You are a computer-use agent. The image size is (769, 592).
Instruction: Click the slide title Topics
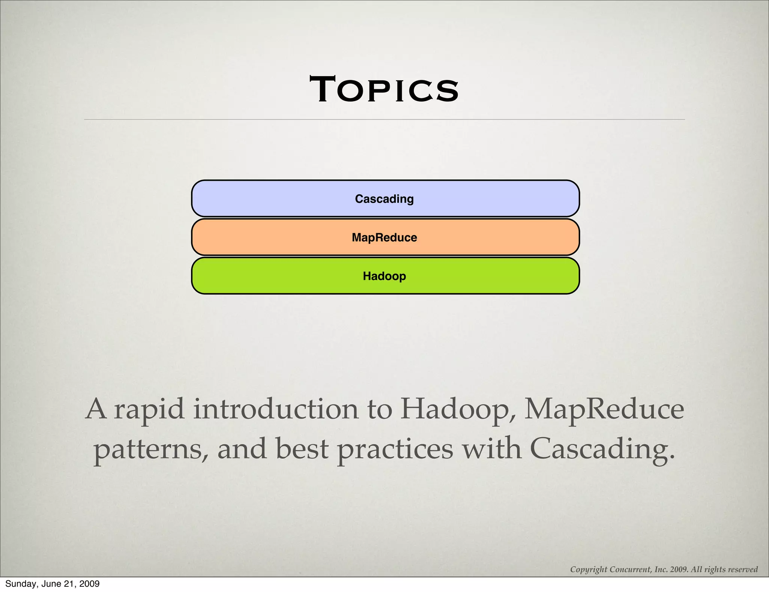click(384, 89)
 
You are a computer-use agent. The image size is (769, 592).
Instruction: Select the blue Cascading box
click(385, 198)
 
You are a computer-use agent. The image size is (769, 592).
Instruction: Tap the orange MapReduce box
click(385, 237)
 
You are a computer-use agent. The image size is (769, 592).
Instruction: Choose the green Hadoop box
click(385, 276)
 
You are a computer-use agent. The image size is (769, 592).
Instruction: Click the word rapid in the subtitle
click(149, 409)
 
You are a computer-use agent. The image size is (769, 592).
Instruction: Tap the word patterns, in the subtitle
click(151, 450)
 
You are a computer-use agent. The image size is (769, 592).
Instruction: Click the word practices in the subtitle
click(395, 450)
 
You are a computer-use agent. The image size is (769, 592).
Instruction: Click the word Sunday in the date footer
click(19, 584)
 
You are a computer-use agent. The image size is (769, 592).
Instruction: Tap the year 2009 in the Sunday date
click(90, 584)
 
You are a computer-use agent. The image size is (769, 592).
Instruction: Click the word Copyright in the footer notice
click(588, 569)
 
